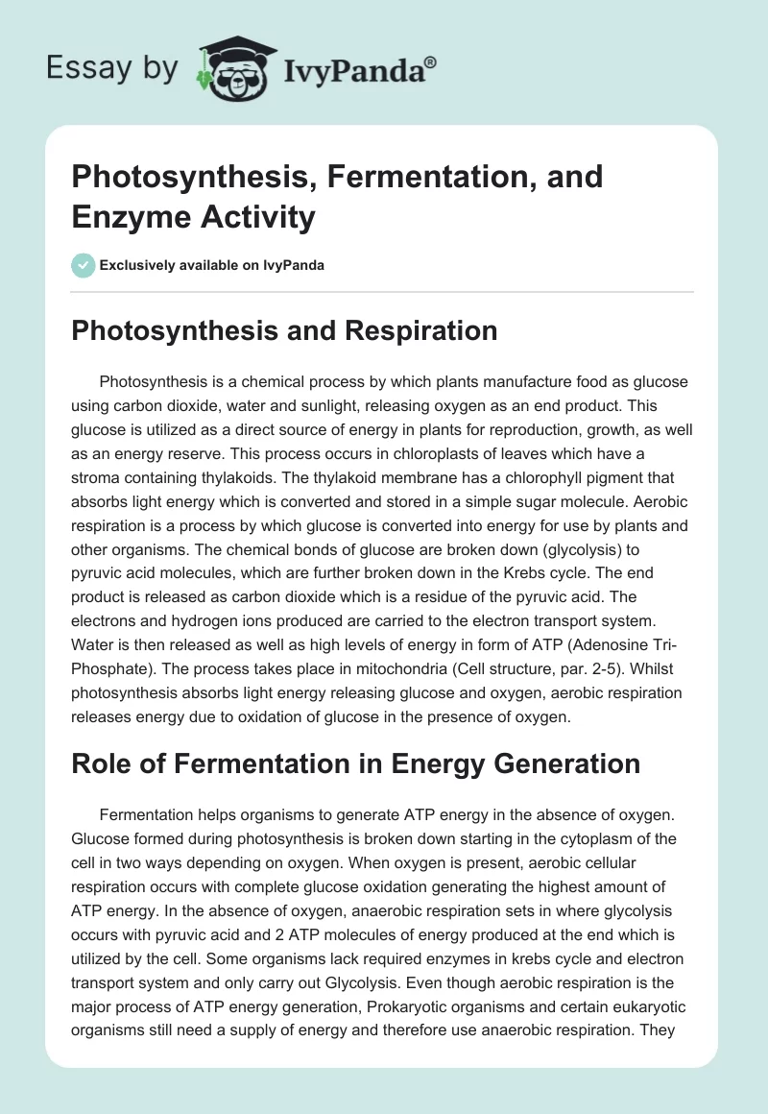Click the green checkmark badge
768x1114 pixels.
tap(83, 265)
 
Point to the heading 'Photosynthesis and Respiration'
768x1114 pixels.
tap(285, 330)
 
